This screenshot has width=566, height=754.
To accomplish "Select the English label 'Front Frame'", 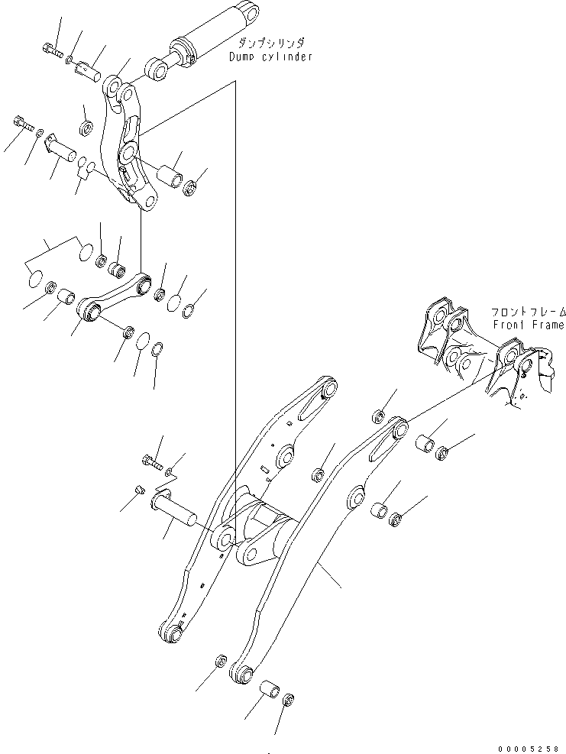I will (528, 325).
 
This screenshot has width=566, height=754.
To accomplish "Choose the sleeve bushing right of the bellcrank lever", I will (168, 176).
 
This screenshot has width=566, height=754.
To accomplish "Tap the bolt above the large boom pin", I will (152, 461).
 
